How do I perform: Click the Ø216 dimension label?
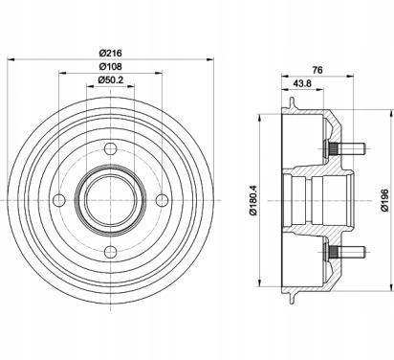(x=110, y=53)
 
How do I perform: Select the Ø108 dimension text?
(x=110, y=67)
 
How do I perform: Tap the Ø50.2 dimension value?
(x=110, y=79)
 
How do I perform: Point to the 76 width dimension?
(x=317, y=70)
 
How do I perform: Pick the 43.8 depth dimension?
(x=302, y=83)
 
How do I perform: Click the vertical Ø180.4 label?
(x=254, y=200)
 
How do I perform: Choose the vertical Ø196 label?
(x=385, y=200)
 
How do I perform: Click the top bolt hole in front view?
(x=110, y=148)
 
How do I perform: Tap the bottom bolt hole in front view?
(x=110, y=252)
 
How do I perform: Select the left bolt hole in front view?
(x=59, y=200)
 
